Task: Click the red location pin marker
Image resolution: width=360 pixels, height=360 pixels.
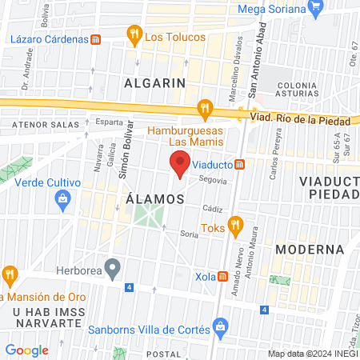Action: click(180, 163)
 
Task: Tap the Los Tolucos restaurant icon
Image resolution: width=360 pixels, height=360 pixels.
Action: click(134, 34)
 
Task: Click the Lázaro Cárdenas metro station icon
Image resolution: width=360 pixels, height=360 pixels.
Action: click(96, 38)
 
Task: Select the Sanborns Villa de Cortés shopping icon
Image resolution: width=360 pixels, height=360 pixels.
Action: click(221, 326)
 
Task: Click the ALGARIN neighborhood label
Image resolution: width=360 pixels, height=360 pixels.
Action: click(155, 82)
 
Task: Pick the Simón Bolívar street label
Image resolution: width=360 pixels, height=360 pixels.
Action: click(124, 158)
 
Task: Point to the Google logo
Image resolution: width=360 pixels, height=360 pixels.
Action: click(26, 350)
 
